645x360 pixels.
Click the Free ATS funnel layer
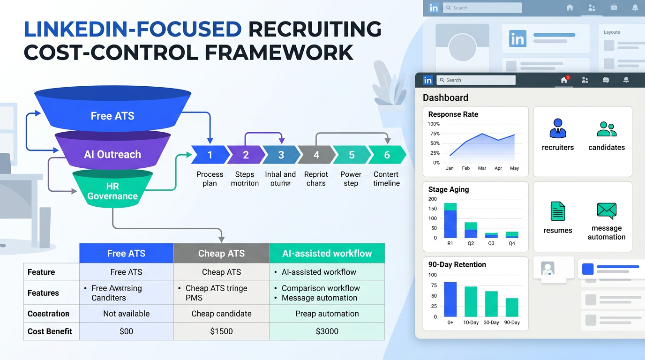pyautogui.click(x=112, y=116)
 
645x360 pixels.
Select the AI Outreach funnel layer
pyautogui.click(x=112, y=154)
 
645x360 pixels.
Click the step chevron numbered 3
pyautogui.click(x=281, y=155)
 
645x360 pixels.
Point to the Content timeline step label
pyautogui.click(x=386, y=179)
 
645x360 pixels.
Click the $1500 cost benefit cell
pyautogui.click(x=221, y=331)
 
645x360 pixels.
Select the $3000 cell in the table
pyautogui.click(x=327, y=331)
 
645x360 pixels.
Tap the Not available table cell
pyautogui.click(x=126, y=314)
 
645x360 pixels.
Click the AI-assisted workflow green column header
pyautogui.click(x=327, y=254)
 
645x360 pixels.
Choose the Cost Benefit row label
pyautogui.click(x=50, y=331)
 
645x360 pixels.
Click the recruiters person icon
pyautogui.click(x=558, y=128)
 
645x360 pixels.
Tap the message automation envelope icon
pyautogui.click(x=607, y=211)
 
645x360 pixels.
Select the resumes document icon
pyautogui.click(x=558, y=211)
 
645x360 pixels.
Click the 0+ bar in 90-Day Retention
pyautogui.click(x=450, y=299)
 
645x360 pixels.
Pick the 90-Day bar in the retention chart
pyautogui.click(x=512, y=307)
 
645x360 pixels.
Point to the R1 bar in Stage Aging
pyautogui.click(x=450, y=220)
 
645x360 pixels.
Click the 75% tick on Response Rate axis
pyautogui.click(x=434, y=134)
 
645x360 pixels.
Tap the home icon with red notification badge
pyautogui.click(x=564, y=80)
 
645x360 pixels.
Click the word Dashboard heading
pyautogui.click(x=445, y=97)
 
